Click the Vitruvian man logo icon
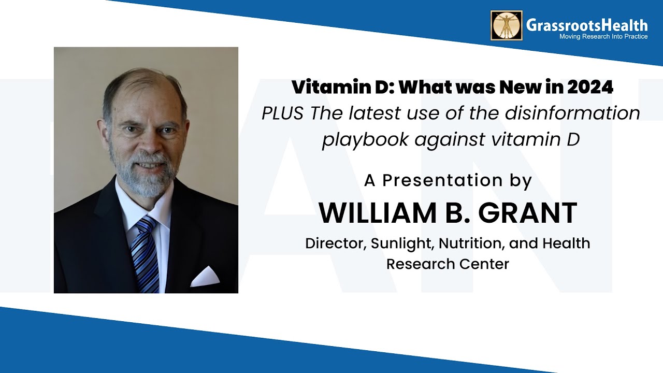(x=507, y=25)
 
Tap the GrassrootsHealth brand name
(x=587, y=25)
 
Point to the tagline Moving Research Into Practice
(x=603, y=36)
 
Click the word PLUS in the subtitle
(x=283, y=113)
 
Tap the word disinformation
(x=572, y=113)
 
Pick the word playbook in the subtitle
(x=365, y=140)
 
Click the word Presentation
(x=442, y=180)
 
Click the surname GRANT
(x=527, y=213)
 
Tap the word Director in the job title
(x=335, y=243)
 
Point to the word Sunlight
(x=402, y=244)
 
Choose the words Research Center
(x=448, y=264)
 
